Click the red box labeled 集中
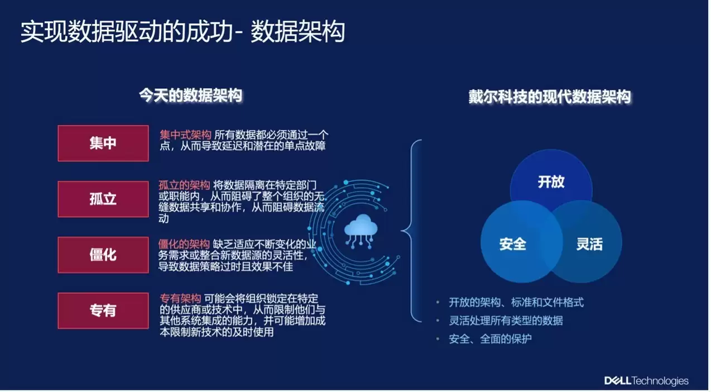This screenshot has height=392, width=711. pos(103,144)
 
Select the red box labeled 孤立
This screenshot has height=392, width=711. pos(103,199)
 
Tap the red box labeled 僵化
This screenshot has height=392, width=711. pos(103,255)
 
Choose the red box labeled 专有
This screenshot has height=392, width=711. pos(103,310)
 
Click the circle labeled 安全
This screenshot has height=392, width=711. pos(512,244)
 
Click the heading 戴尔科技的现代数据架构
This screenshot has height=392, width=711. pos(549,97)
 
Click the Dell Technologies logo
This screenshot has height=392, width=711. pos(646,381)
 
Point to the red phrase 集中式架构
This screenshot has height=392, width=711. pos(185,135)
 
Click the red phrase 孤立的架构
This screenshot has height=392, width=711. pos(184,185)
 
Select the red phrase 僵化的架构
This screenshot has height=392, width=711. pos(184,244)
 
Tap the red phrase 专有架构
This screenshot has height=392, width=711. pos(181,299)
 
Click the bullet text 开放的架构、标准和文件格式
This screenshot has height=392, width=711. pos(516,303)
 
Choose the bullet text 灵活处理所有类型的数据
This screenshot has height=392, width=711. pos(506,321)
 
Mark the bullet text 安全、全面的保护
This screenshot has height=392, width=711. pos(490,339)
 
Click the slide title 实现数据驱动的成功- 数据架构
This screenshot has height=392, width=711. pos(182,32)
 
